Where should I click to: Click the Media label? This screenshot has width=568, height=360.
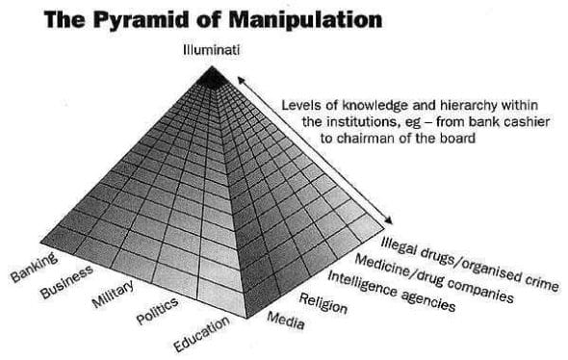click(285, 319)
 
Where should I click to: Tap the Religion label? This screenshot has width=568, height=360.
click(323, 302)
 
